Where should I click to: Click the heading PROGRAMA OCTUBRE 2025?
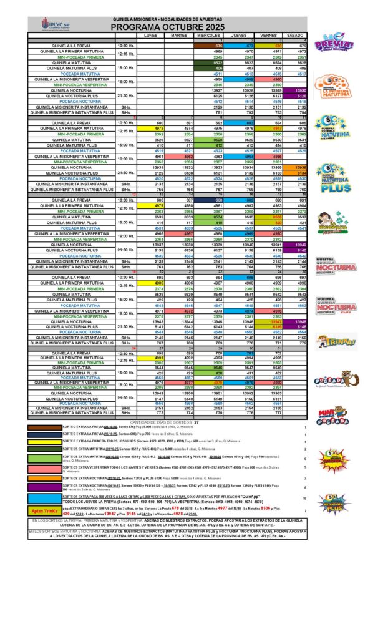177,28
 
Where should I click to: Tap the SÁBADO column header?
296,36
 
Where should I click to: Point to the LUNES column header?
150,36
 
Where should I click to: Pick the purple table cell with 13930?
296,90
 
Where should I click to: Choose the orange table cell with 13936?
296,168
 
